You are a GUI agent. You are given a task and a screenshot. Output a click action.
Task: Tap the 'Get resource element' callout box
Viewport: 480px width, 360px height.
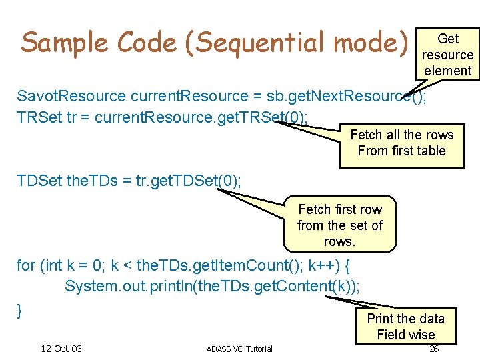pyautogui.click(x=447, y=55)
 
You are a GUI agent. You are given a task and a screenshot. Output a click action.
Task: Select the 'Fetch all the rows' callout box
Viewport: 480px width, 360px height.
pyautogui.click(x=401, y=143)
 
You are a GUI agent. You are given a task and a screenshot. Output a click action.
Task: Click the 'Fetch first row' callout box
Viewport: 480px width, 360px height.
pyautogui.click(x=339, y=225)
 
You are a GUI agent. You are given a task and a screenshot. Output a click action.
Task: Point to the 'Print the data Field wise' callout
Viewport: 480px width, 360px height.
pyautogui.click(x=405, y=326)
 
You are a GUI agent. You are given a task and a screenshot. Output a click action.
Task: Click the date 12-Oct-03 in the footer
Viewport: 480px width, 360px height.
pyautogui.click(x=61, y=349)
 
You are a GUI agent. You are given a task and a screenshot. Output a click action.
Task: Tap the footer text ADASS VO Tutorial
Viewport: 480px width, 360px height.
pyautogui.click(x=239, y=349)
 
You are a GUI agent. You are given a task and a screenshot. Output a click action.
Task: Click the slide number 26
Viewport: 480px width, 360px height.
pyautogui.click(x=433, y=349)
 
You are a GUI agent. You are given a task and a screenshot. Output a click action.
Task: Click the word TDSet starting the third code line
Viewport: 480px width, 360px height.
pyautogui.click(x=39, y=181)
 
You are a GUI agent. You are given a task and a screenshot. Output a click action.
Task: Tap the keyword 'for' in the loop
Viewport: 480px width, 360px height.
pyautogui.click(x=26, y=265)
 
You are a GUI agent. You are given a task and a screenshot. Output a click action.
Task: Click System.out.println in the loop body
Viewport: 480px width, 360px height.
pyautogui.click(x=124, y=286)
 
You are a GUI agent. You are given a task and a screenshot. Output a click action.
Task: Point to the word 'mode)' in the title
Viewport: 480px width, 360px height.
pyautogui.click(x=371, y=43)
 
